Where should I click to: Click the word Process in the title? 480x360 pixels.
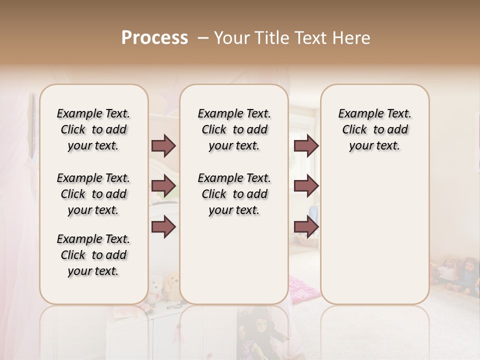click(x=154, y=38)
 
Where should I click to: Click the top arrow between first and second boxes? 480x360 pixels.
click(x=163, y=145)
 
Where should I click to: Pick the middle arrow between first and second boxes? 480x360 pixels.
click(x=163, y=186)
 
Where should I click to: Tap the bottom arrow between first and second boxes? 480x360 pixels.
click(x=163, y=227)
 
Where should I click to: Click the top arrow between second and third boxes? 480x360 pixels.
click(x=306, y=145)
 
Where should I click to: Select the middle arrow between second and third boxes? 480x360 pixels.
click(x=306, y=186)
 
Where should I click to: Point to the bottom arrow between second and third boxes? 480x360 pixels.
click(x=306, y=227)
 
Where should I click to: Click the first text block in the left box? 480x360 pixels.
click(x=93, y=129)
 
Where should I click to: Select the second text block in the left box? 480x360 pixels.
click(x=93, y=194)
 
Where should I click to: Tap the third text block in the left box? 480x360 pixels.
click(x=93, y=255)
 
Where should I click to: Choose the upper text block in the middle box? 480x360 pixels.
click(x=234, y=129)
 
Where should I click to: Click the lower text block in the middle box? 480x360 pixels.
click(x=234, y=194)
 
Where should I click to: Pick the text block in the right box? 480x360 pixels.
click(x=374, y=129)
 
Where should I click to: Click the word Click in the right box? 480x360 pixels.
click(x=354, y=129)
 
